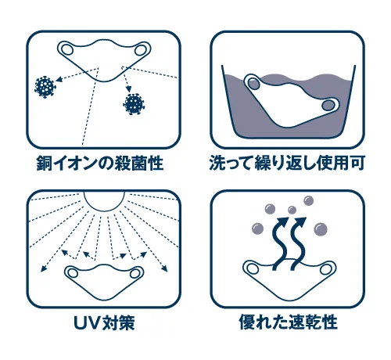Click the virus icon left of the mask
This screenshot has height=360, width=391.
(x=45, y=87)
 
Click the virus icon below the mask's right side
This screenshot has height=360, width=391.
(x=134, y=104)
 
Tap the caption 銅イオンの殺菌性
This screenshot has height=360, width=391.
(x=100, y=164)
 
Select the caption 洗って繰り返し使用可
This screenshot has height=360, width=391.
(x=287, y=164)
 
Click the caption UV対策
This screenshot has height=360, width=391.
(x=104, y=322)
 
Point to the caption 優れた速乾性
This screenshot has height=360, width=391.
(x=288, y=322)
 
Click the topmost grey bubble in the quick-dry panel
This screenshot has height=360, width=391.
(x=309, y=200)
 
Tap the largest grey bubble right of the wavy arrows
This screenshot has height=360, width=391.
(x=321, y=229)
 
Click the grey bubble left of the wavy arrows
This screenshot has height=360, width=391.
(x=258, y=229)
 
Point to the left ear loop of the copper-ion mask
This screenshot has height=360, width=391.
(x=67, y=49)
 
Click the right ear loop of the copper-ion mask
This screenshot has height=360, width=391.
(x=141, y=50)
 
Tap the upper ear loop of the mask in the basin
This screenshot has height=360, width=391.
(x=253, y=84)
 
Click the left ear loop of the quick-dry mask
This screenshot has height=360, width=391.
(x=253, y=268)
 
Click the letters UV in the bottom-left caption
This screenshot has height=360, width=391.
(x=87, y=323)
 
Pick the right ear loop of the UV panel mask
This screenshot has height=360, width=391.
(x=135, y=273)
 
